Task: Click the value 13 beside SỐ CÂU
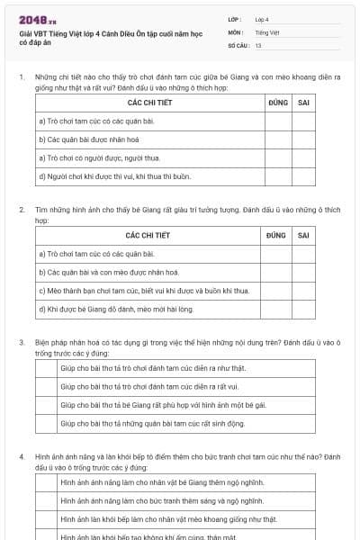coord(258,45)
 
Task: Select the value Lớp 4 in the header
coord(262,19)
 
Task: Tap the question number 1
coord(22,77)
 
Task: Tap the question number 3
coord(22,343)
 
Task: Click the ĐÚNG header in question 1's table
coord(277,103)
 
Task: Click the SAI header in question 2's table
coord(303,236)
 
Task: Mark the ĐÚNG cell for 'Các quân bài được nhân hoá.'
coord(277,139)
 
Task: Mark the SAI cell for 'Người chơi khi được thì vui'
coord(303,175)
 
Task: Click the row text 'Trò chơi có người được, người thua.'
coord(99,157)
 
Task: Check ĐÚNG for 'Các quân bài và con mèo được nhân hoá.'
coord(277,273)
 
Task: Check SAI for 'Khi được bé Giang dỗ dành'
coord(303,309)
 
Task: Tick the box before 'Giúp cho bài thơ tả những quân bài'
coord(47,423)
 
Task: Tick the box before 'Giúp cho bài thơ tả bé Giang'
coord(47,405)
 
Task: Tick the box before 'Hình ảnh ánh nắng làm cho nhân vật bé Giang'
coord(47,483)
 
